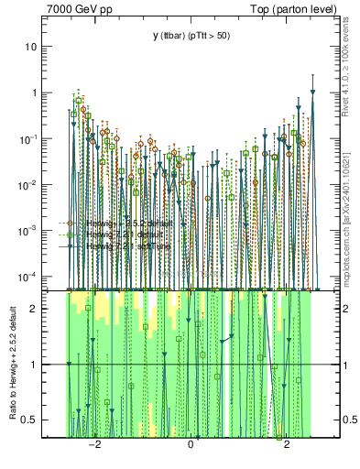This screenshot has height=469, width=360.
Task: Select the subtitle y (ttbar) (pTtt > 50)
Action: click(x=191, y=36)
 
